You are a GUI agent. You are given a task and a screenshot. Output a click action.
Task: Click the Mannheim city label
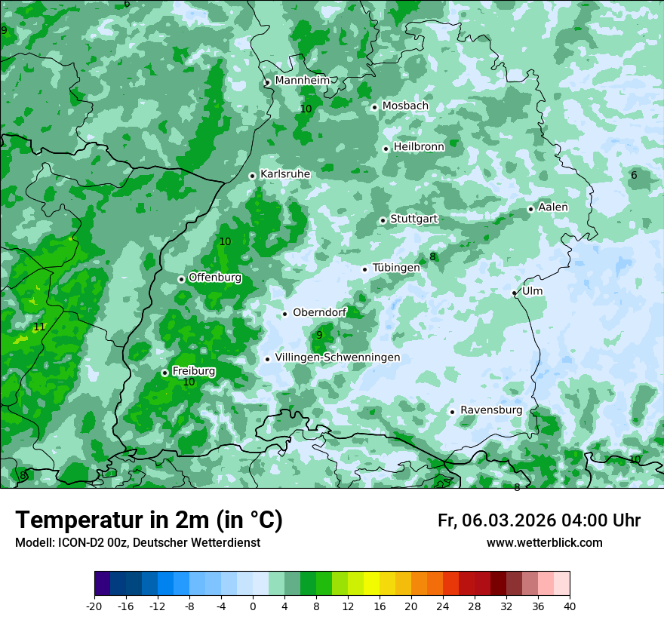tap(302, 81)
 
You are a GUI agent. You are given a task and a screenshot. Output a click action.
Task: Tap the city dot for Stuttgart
tap(383, 220)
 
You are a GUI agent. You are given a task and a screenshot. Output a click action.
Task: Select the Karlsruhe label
tap(285, 174)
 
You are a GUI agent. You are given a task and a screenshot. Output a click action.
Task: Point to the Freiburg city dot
tap(164, 373)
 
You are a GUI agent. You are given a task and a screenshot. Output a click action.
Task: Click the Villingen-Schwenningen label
tap(337, 357)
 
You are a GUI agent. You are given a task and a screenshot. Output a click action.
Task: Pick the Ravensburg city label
tap(491, 410)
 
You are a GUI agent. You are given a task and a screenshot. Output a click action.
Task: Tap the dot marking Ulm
tap(515, 293)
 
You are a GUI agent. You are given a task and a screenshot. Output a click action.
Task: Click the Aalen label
tap(553, 207)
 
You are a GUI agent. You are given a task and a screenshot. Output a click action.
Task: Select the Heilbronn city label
tap(419, 147)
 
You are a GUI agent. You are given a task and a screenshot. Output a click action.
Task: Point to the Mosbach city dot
tap(374, 107)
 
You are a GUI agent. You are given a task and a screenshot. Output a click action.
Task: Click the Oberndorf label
tap(320, 312)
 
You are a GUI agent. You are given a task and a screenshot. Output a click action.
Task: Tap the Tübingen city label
tap(396, 268)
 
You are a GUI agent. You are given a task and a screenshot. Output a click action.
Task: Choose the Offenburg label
tap(215, 278)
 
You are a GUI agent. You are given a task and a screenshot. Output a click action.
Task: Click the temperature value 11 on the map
tap(39, 327)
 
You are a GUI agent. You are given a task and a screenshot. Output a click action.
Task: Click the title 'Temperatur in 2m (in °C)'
tap(149, 520)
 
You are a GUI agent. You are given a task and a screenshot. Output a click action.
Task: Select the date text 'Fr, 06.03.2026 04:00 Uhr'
tap(539, 520)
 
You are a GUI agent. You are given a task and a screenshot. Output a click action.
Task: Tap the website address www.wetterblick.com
tap(544, 543)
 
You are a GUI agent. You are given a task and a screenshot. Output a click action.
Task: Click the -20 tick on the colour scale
tap(94, 606)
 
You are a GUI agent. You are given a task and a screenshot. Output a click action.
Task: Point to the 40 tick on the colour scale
tap(569, 606)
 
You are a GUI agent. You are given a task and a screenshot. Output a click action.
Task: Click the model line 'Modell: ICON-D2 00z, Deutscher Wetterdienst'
tap(137, 543)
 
